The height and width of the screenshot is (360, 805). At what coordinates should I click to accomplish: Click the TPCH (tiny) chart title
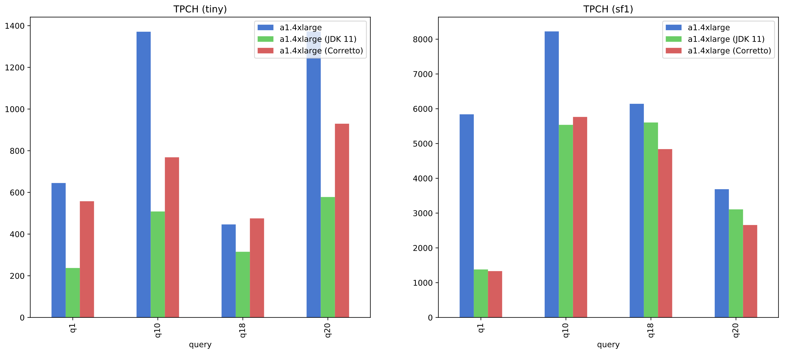click(200, 9)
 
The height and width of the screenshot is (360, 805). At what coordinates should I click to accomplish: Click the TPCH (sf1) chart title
click(608, 9)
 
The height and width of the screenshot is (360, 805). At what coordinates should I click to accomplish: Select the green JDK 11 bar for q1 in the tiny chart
click(73, 292)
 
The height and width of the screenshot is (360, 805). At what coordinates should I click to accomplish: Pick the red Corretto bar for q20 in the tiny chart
click(342, 220)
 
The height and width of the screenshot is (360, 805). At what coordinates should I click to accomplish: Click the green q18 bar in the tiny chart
click(243, 284)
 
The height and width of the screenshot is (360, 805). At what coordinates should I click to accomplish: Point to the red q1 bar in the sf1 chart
click(495, 294)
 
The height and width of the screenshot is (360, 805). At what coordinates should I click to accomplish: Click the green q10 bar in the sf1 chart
click(566, 221)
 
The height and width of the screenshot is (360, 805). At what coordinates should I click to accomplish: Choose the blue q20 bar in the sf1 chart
click(722, 253)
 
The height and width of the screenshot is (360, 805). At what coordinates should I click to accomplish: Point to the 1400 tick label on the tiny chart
click(15, 26)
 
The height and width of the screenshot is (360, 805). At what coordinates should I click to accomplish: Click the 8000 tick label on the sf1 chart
click(422, 39)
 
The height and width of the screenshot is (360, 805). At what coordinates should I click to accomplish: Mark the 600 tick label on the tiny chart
click(17, 193)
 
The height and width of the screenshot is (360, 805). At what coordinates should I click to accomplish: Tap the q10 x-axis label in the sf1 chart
click(566, 330)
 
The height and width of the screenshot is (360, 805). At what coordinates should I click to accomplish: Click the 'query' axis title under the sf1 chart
click(608, 344)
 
